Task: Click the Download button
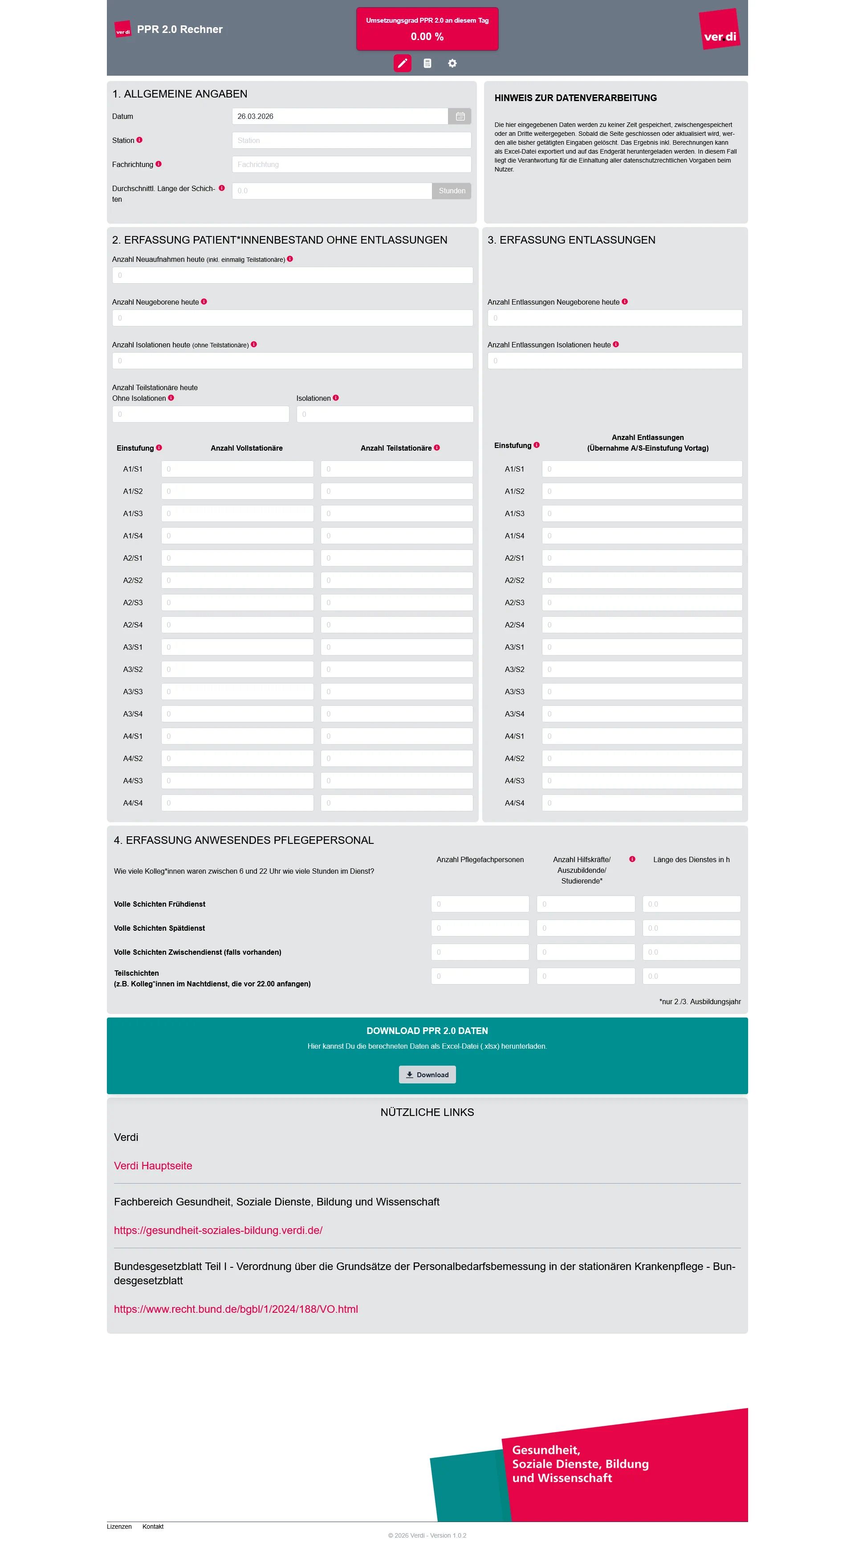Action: click(427, 1075)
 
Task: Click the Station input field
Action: click(351, 141)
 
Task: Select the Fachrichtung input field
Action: click(351, 165)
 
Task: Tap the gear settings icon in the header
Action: click(452, 63)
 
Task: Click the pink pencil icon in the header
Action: click(402, 63)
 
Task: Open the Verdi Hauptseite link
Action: click(153, 1166)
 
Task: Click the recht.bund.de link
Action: click(236, 1309)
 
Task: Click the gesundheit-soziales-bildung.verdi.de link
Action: click(218, 1230)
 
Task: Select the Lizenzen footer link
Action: click(119, 1526)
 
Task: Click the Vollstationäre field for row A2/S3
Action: click(237, 603)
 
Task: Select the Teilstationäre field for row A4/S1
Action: click(396, 736)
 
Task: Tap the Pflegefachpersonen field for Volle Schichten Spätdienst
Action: click(480, 928)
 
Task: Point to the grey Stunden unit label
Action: click(452, 191)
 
